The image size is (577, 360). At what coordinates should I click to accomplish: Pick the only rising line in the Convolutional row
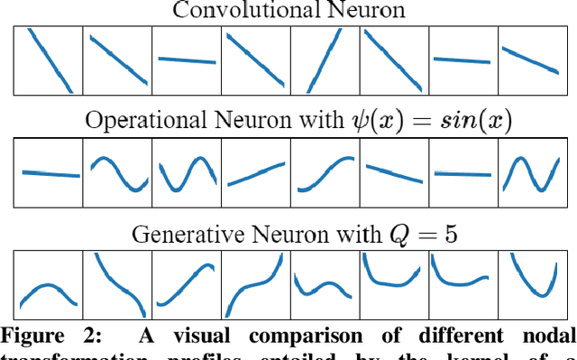click(325, 60)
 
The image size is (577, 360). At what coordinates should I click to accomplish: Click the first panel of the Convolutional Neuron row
click(48, 60)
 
